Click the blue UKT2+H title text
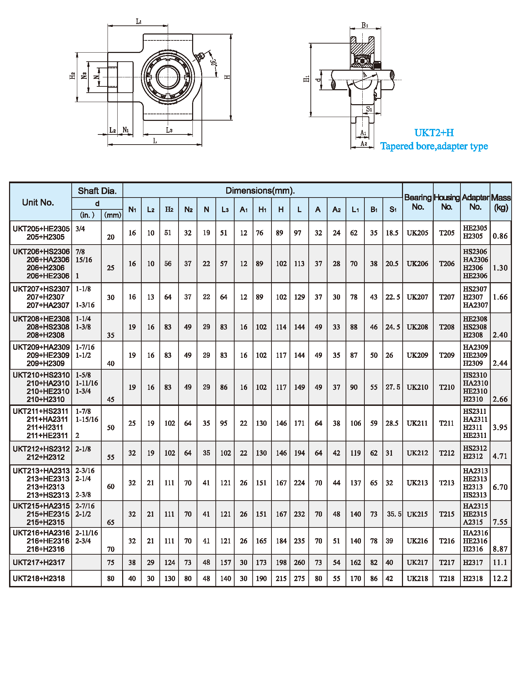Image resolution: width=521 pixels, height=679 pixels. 434,133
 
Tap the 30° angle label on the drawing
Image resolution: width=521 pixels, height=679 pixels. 213,63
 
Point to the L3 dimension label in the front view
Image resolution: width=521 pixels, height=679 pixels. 169,130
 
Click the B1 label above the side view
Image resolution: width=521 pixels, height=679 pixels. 365,25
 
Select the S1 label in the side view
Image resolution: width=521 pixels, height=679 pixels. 369,109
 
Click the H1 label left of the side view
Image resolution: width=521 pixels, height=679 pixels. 306,79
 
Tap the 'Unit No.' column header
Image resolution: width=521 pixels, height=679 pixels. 38,202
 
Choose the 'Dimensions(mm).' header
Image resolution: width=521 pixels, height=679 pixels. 260,191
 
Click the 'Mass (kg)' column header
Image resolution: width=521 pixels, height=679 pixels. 501,202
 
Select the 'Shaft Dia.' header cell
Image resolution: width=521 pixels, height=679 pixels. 97,191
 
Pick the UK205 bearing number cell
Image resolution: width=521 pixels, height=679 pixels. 418,233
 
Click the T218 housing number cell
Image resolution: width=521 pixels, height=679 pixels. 447,579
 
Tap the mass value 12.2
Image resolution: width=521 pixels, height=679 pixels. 500,579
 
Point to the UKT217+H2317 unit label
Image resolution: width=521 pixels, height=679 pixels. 39,562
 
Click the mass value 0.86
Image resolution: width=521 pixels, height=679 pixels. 500,236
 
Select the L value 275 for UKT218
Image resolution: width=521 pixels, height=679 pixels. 299,579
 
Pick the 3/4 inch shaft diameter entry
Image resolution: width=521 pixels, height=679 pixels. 80,229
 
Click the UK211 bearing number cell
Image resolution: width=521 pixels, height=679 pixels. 417,423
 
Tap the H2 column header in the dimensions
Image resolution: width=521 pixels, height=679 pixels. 169,209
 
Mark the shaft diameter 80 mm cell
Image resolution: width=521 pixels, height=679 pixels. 111,579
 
